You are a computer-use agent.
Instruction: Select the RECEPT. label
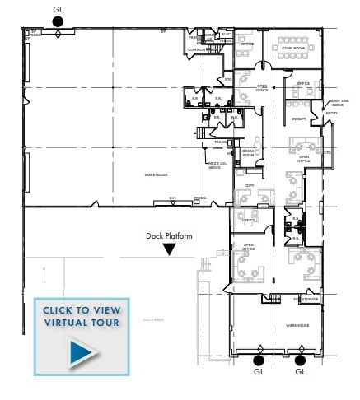pyautogui.click(x=299, y=119)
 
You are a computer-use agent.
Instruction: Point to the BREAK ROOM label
pyautogui.click(x=248, y=153)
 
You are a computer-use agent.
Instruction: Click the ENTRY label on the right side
pyautogui.click(x=331, y=113)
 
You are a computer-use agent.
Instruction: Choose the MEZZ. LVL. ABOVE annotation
pyautogui.click(x=214, y=165)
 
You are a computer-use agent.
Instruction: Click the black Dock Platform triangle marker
pyautogui.click(x=169, y=249)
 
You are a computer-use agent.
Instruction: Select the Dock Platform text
pyautogui.click(x=169, y=236)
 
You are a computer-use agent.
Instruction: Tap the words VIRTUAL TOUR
pyautogui.click(x=82, y=322)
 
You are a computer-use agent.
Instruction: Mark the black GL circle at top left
pyautogui.click(x=57, y=22)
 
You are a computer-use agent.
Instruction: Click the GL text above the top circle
pyautogui.click(x=57, y=9)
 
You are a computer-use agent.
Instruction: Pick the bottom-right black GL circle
pyautogui.click(x=300, y=360)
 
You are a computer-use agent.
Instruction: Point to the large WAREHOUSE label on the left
pyautogui.click(x=155, y=175)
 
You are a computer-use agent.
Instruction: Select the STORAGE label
pyautogui.click(x=309, y=300)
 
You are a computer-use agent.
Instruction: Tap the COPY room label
pyautogui.click(x=249, y=186)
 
